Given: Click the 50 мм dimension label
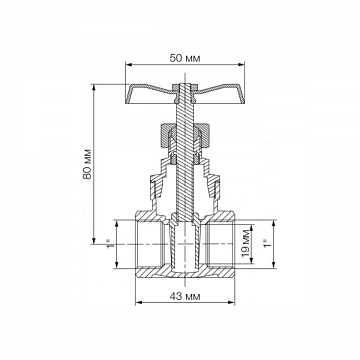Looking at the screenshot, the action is point(185,59).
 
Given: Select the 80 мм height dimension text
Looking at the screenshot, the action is point(87,163).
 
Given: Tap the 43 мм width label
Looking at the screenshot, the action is point(185,296).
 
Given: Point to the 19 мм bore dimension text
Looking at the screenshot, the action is point(246,243).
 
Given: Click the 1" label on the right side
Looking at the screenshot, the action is point(266,243).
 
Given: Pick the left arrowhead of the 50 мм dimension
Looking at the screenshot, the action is point(129,65).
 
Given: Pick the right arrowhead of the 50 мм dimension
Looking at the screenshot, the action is point(241,65).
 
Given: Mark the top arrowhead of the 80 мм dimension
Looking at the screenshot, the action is point(94,88).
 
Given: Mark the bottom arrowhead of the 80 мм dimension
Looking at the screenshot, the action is point(94,240).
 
